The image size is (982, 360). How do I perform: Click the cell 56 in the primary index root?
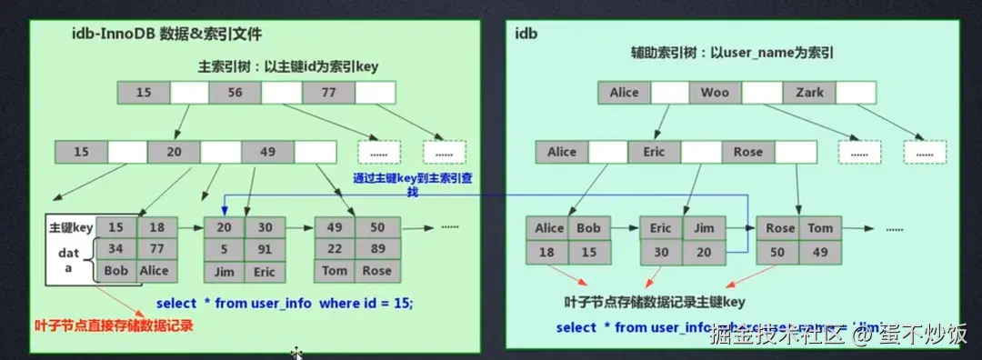tap(235, 92)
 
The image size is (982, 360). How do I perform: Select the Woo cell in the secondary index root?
tap(715, 92)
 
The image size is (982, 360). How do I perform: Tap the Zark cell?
tap(809, 92)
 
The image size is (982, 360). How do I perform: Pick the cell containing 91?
tap(266, 248)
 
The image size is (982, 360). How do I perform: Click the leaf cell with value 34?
tap(115, 248)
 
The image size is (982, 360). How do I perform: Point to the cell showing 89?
tap(376, 248)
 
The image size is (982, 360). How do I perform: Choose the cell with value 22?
tap(335, 248)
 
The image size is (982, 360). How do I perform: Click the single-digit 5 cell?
tap(224, 248)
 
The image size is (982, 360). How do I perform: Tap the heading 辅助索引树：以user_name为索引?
tap(733, 54)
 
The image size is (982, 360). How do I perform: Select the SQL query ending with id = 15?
tap(284, 302)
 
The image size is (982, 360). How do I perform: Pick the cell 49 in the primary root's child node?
tap(267, 152)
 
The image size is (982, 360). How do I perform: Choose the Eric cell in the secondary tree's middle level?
tap(654, 152)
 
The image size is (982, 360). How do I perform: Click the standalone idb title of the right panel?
tap(526, 34)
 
